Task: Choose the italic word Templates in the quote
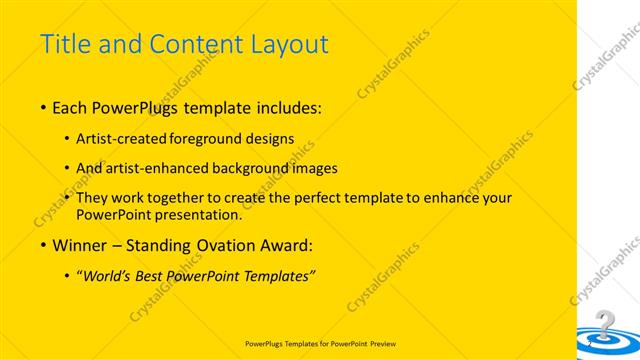(x=276, y=276)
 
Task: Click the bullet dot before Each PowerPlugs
(x=42, y=106)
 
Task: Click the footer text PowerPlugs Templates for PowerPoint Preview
(x=320, y=342)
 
